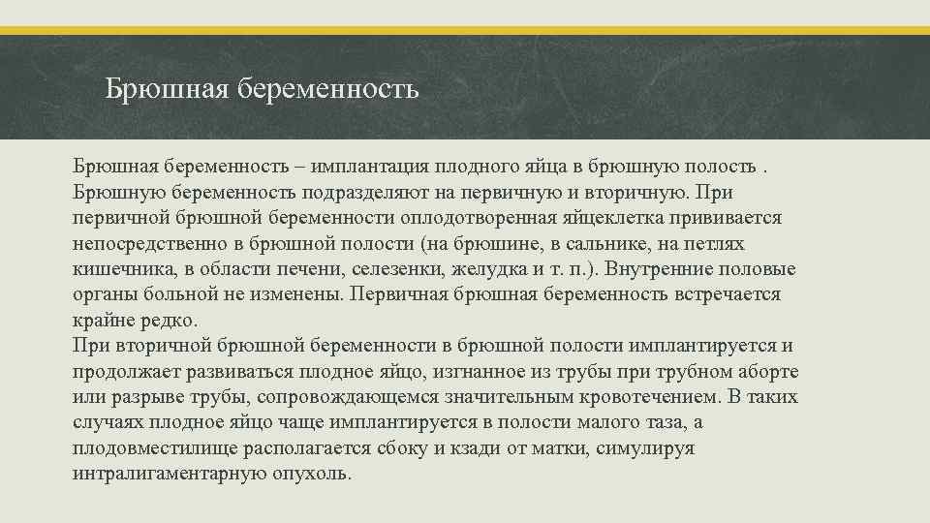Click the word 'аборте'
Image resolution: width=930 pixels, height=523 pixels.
coord(763,372)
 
